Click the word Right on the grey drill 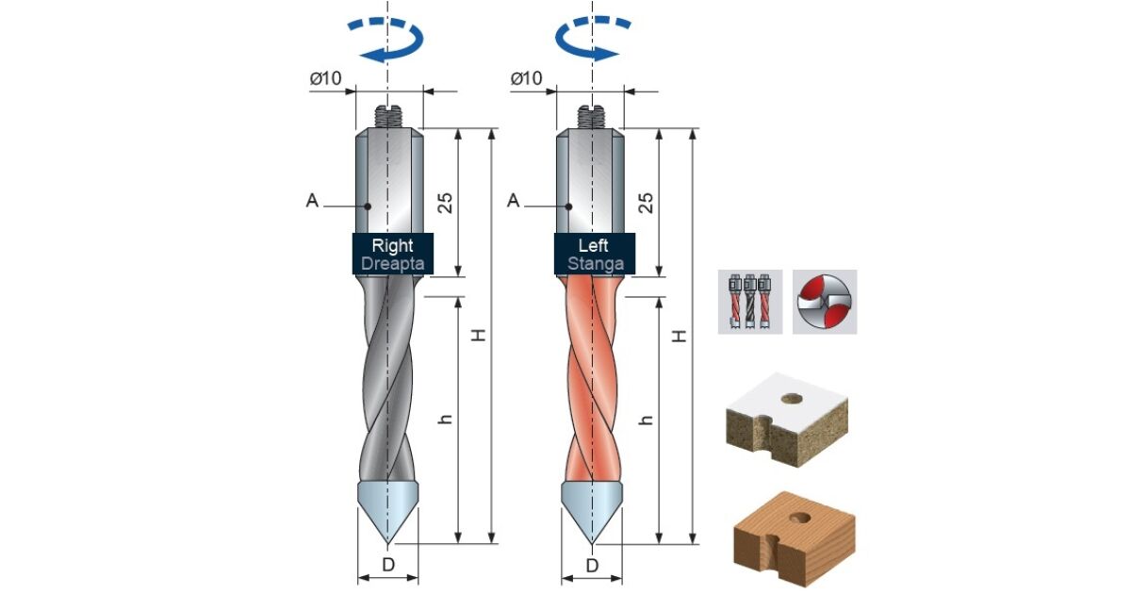[392, 245]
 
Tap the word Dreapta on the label [393, 264]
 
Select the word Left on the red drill [593, 245]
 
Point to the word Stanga [596, 264]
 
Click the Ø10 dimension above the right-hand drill [527, 78]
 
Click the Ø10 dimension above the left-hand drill [326, 78]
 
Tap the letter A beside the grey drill [312, 201]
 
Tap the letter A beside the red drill [513, 201]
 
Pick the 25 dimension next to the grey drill [445, 203]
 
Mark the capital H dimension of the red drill [680, 336]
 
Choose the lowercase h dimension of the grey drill [445, 419]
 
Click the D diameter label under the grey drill [388, 565]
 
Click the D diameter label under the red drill [592, 565]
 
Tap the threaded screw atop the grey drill [387, 117]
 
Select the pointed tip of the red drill [592, 544]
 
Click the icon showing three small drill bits [750, 302]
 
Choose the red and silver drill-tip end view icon [825, 302]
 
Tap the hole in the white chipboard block [791, 399]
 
